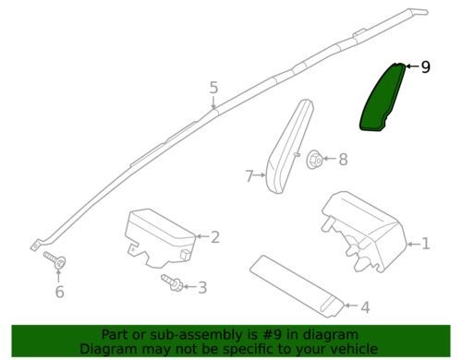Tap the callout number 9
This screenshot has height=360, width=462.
[425, 66]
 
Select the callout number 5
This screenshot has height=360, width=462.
[213, 88]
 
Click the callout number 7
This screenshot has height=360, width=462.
[249, 176]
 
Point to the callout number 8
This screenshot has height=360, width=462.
[343, 160]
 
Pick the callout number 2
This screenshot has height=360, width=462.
[215, 237]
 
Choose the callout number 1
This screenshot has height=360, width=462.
[426, 244]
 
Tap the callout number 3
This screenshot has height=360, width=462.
[202, 287]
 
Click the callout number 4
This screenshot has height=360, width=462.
[365, 306]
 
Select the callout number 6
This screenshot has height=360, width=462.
[59, 292]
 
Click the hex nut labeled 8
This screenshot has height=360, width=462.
[314, 160]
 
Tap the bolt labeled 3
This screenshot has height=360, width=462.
[172, 282]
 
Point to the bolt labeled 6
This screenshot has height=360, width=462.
[55, 260]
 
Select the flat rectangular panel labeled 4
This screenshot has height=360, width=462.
[297, 285]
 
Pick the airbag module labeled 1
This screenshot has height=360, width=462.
[364, 232]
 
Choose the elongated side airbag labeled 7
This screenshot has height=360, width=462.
[289, 147]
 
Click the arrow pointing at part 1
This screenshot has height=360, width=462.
[414, 244]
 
